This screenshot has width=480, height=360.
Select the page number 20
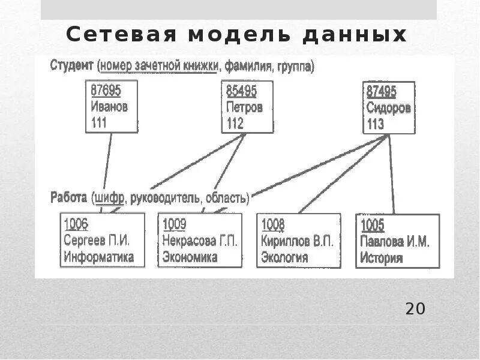pos(415,309)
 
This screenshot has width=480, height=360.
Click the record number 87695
pos(106,90)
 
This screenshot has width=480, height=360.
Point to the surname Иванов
pos(109,107)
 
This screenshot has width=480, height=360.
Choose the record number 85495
pos(241,91)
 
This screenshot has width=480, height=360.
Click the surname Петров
pos(244,107)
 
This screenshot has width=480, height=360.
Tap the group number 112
pos(235,124)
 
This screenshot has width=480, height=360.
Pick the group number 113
pos(375,125)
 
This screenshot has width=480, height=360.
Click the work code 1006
pos(76,225)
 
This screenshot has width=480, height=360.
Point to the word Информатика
pos(98,258)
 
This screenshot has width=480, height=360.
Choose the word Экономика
pos(190,258)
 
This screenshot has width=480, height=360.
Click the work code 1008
pos(273,225)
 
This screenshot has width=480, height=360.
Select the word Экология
pos(284,259)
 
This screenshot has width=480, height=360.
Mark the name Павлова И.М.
pos(394,242)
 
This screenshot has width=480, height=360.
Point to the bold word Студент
pos(71,65)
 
